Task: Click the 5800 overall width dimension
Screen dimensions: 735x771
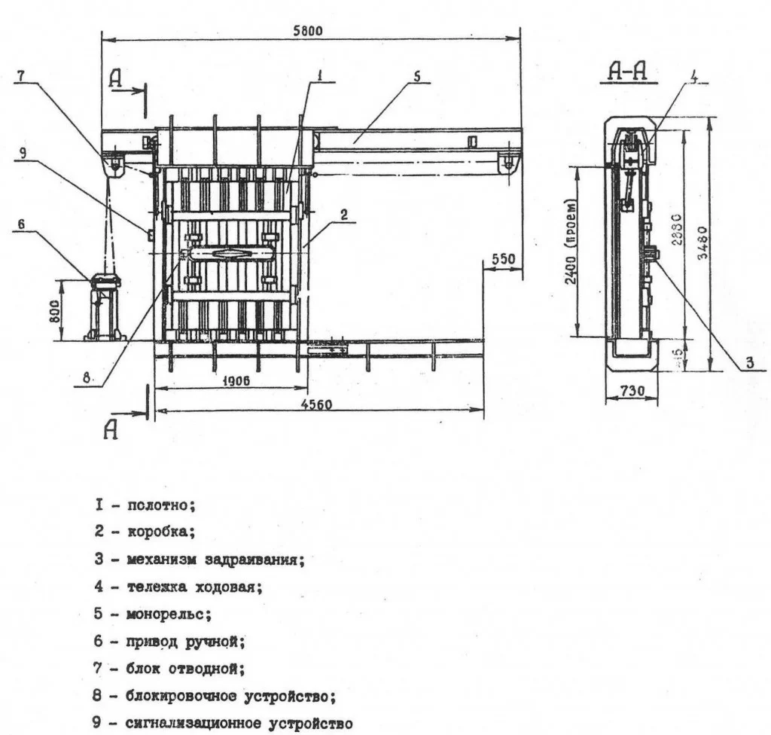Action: (307, 31)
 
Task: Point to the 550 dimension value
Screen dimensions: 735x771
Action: (502, 260)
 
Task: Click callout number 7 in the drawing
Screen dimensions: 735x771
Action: (22, 76)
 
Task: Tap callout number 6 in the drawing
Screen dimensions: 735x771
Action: (22, 224)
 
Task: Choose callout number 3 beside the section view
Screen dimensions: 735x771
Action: (749, 363)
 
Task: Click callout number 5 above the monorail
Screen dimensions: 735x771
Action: (417, 75)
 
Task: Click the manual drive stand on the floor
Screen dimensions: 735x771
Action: (105, 309)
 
